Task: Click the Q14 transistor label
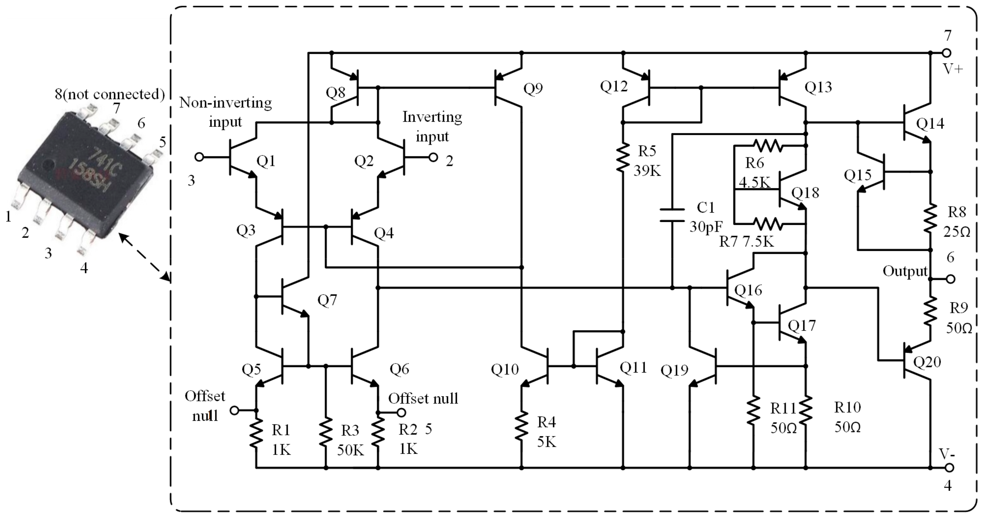930,124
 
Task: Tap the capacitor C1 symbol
672,215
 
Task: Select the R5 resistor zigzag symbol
623,157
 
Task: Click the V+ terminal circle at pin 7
947,52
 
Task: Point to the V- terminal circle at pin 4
949,467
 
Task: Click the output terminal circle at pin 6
951,279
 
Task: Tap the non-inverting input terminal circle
199,157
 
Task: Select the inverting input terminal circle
433,157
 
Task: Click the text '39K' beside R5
647,171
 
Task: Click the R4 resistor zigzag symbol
521,425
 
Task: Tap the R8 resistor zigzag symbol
930,218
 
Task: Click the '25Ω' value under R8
957,232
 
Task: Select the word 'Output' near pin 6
905,271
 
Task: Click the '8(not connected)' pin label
110,94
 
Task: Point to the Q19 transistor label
674,370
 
